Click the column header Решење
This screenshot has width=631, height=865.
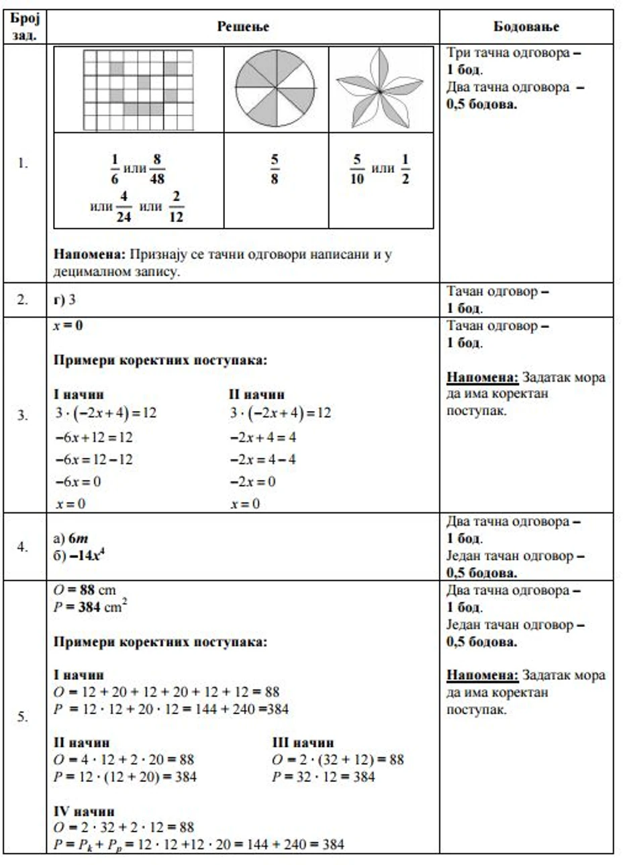tap(243, 27)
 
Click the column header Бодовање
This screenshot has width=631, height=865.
tap(526, 27)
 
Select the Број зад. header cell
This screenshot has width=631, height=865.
tap(25, 27)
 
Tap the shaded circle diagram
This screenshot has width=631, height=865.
tap(276, 88)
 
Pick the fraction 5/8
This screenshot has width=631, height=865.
tap(275, 169)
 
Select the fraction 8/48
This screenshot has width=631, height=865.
tap(157, 169)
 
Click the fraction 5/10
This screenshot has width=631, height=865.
tap(356, 169)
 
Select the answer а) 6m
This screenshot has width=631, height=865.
tap(70, 538)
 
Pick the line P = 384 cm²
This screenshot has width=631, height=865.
tap(91, 607)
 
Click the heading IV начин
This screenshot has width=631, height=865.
tap(84, 811)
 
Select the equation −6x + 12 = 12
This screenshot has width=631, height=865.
tap(94, 437)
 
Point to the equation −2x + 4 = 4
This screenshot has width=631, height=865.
tap(262, 437)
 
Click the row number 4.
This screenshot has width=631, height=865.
tap(23, 547)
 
